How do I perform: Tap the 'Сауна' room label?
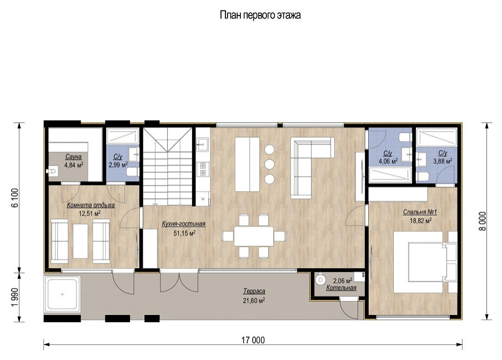coord(73,157)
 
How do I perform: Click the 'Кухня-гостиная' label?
coord(184,224)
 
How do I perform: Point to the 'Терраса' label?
coord(253,291)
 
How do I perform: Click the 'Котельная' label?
coord(337,288)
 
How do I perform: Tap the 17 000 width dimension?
coord(253,340)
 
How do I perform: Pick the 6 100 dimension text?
coord(16,198)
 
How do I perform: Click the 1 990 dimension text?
coord(16,296)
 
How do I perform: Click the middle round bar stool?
coord(270,164)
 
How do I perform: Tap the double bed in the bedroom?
coord(420,261)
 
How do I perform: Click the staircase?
coord(168,167)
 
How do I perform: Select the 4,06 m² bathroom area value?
coord(388,161)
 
